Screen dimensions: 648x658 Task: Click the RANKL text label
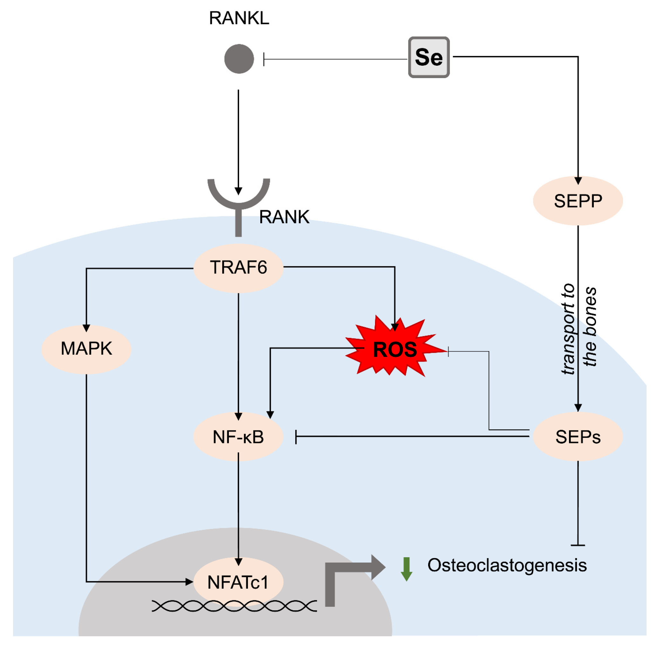tap(239, 18)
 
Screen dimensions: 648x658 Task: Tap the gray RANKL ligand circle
tap(239, 59)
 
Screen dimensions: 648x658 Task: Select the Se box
tap(428, 57)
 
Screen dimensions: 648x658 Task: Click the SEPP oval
tap(578, 201)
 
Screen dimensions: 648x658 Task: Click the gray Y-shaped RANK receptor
tap(238, 204)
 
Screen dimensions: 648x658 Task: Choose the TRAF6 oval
tap(238, 267)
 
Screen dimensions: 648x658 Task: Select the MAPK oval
tap(86, 349)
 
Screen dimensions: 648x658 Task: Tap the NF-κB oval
tap(238, 437)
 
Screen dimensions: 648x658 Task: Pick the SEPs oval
tap(578, 437)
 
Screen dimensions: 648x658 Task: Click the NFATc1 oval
tap(238, 582)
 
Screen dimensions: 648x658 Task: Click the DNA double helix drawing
tap(234, 606)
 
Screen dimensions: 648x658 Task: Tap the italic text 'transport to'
tap(568, 329)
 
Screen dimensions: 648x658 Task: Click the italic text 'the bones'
tap(590, 327)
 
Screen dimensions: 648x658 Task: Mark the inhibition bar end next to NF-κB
tap(296, 437)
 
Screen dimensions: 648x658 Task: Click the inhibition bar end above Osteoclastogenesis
tap(578, 545)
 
